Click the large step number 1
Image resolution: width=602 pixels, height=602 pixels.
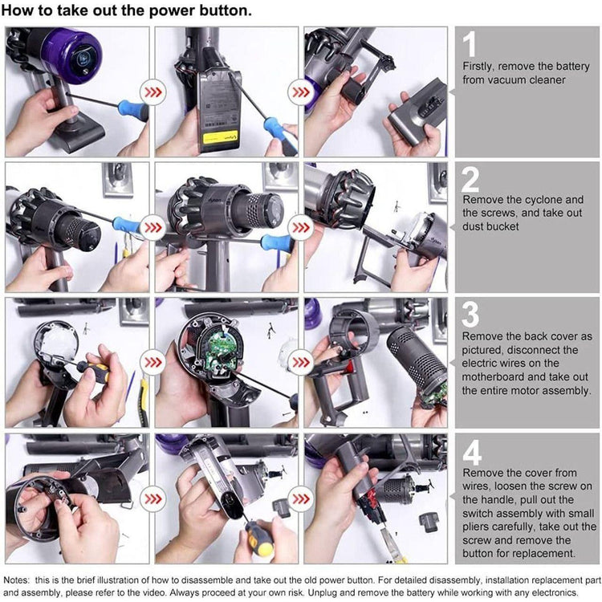[470, 44]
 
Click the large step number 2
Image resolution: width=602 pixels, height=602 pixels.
[470, 179]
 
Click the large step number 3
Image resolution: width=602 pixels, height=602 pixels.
[470, 314]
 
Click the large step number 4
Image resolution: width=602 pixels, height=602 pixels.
[472, 452]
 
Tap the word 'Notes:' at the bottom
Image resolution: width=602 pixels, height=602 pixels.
[16, 580]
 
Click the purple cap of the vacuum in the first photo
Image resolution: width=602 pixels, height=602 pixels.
[73, 55]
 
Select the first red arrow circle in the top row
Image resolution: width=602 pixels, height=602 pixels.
[153, 92]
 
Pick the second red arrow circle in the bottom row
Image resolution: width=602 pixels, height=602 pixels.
[301, 498]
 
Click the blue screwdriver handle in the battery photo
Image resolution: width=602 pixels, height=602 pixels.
[279, 133]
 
